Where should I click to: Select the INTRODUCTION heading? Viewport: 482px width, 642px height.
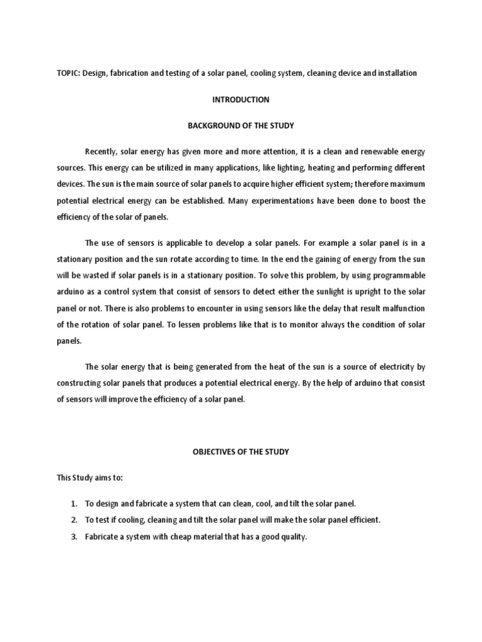coord(241,100)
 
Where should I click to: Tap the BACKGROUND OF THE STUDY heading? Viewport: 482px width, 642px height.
coord(241,126)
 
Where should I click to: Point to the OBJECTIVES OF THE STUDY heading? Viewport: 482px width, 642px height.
coord(241,452)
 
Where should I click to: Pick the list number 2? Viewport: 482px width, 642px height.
coord(73,520)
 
